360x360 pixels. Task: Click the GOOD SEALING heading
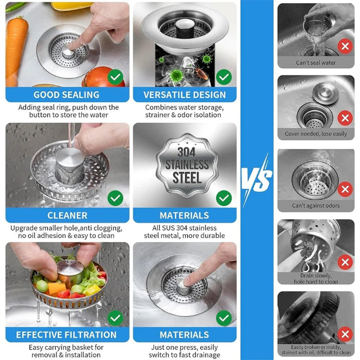pos(66,94)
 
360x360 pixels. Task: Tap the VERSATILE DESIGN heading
pos(184,94)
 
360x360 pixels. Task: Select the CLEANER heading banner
pos(67,215)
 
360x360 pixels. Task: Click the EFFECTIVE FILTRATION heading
pos(66,334)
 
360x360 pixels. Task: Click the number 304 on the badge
pos(186,151)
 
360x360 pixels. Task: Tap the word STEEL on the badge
pos(186,177)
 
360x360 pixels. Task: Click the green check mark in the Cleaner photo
pos(115,198)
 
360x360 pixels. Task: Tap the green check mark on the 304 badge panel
pos(223,198)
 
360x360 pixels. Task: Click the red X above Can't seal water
pos(344,47)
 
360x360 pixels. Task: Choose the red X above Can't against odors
pos(344,189)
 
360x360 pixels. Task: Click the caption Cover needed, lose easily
pos(315,134)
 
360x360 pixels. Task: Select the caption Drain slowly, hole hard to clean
pos(315,279)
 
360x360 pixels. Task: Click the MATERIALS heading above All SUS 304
pos(184,215)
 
